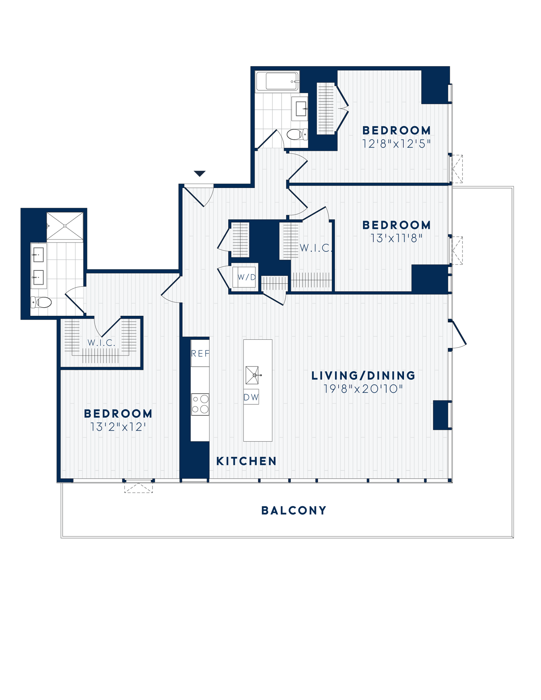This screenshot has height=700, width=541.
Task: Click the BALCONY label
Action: [294, 511]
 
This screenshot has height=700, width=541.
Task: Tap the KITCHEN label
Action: [246, 461]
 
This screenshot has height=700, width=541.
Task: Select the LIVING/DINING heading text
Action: [363, 376]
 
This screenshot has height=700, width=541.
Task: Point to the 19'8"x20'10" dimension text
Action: [363, 389]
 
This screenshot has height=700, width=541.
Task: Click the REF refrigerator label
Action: [200, 354]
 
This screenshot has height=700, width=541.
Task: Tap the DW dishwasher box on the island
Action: [251, 397]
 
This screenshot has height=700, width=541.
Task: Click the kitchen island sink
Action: [252, 375]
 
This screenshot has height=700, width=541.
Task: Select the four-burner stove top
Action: [200, 405]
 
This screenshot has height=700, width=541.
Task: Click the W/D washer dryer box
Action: [246, 277]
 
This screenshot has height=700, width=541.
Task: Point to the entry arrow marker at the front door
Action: [200, 174]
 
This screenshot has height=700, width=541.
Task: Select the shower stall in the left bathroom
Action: [65, 226]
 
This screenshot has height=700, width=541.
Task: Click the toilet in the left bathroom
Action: [42, 302]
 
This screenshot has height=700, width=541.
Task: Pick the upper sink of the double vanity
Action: [38, 255]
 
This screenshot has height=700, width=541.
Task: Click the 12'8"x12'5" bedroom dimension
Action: [396, 144]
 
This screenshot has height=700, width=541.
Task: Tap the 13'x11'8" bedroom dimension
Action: [396, 238]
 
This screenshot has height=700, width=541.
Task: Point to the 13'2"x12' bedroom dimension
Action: [118, 427]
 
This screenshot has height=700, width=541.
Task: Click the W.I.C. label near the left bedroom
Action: [102, 343]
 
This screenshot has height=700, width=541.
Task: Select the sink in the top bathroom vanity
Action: [301, 108]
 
